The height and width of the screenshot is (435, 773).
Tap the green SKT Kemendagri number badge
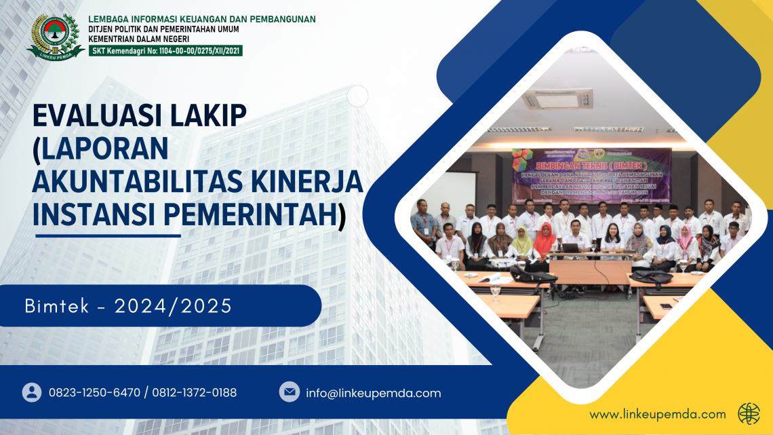click(x=165, y=50)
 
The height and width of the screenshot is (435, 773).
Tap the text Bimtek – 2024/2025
click(x=128, y=307)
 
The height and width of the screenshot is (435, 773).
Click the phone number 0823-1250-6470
click(x=94, y=393)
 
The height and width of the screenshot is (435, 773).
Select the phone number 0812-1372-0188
click(x=195, y=393)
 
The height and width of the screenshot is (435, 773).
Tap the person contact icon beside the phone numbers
click(x=32, y=392)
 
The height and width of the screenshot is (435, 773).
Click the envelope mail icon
click(x=290, y=392)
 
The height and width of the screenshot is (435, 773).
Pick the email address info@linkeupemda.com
click(x=374, y=393)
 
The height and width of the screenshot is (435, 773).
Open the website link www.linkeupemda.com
click(x=657, y=414)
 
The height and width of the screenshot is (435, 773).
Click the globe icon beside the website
click(x=749, y=413)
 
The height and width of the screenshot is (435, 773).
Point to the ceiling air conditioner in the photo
click(x=557, y=100)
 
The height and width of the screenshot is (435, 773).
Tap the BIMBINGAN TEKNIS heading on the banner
click(x=591, y=165)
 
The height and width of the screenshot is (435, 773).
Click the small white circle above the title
click(x=357, y=96)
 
